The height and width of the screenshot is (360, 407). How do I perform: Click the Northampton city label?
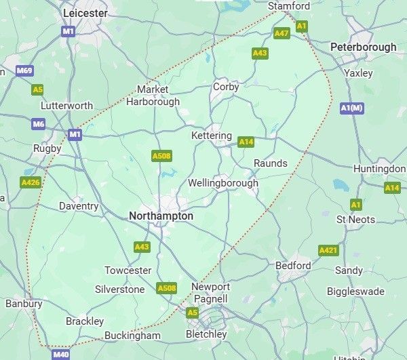coord(161,216)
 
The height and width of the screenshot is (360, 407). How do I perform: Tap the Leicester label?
coord(85,13)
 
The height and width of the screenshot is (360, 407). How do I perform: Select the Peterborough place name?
coord(363,47)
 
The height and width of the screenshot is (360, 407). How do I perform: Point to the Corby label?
coord(226,87)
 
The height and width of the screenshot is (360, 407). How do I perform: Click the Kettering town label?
coord(211,136)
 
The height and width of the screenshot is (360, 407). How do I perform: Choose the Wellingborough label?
coord(222,183)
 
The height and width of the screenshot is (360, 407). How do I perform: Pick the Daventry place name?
coord(79,206)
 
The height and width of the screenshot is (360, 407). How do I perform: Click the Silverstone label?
coord(119,289)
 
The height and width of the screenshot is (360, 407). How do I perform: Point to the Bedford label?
coord(293,266)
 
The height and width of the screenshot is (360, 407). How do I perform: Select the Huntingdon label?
coord(379,168)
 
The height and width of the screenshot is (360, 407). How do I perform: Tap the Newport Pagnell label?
coord(210,293)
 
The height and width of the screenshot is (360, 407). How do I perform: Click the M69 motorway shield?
coord(25,71)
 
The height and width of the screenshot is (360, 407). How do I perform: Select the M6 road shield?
coord(38,123)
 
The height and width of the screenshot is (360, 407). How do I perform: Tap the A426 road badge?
coord(31,182)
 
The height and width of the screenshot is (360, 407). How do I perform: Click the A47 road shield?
coord(282,33)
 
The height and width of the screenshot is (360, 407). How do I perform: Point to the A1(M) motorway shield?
coord(352,108)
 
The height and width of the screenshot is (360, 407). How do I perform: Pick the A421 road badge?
coord(328,251)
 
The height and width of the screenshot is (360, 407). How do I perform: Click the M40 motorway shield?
coord(60,354)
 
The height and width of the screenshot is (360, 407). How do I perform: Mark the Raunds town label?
coord(270,163)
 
